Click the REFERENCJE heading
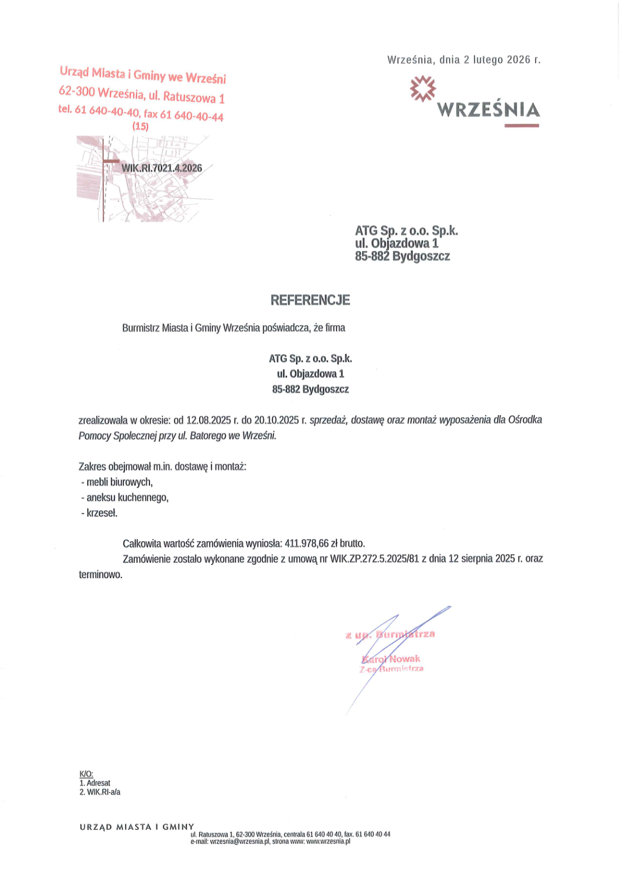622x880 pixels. [x=310, y=300]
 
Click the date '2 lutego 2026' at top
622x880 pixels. [x=497, y=60]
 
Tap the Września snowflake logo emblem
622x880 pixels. [x=422, y=88]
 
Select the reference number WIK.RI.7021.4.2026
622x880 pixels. [x=162, y=168]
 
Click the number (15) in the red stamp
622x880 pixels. [x=140, y=126]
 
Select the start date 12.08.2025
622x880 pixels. [x=209, y=420]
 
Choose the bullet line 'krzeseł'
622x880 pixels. [x=102, y=513]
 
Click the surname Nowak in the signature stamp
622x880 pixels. [x=405, y=659]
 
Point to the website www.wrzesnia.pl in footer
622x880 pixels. [x=328, y=842]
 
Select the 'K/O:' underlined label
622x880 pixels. [x=86, y=774]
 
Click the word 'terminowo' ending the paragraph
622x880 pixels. [x=100, y=575]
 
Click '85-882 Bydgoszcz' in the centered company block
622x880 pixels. [x=310, y=389]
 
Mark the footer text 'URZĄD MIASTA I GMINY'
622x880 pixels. [x=137, y=827]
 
